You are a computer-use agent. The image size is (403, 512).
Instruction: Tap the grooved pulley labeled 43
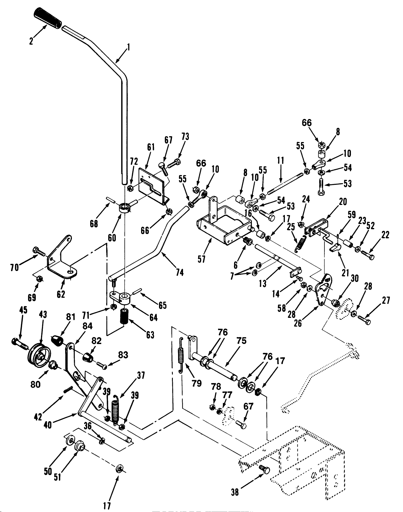tap(39, 354)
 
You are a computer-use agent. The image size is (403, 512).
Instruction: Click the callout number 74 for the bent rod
tap(180, 272)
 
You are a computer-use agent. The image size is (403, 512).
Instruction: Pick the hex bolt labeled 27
tap(365, 320)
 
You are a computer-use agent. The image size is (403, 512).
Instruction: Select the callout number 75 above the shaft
tap(242, 341)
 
